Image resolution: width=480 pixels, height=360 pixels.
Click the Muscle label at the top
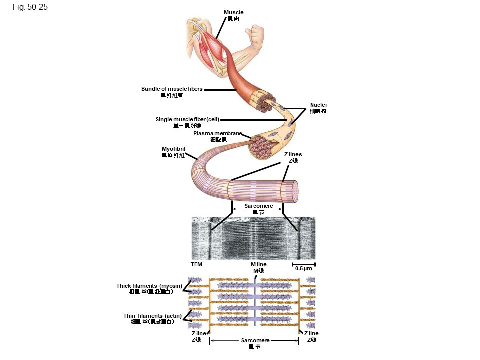click(x=233, y=12)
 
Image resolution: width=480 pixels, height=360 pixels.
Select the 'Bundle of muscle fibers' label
click(x=172, y=89)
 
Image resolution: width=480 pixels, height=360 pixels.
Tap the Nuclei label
click(x=318, y=105)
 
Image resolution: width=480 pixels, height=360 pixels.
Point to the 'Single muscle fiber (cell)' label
click(x=187, y=119)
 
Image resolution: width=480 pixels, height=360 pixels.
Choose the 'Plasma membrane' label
click(x=218, y=133)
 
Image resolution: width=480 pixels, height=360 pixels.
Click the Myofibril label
click(x=173, y=149)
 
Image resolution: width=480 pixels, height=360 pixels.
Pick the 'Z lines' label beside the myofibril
click(x=293, y=154)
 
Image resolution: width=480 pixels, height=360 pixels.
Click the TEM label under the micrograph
click(x=196, y=264)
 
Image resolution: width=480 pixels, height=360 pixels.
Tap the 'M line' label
click(x=258, y=264)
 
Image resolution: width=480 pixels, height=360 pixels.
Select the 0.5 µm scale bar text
click(x=303, y=268)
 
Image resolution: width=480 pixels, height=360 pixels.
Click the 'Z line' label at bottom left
click(x=198, y=333)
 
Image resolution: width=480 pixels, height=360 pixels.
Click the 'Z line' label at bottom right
click(x=311, y=333)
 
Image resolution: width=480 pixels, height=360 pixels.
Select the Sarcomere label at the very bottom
click(x=255, y=340)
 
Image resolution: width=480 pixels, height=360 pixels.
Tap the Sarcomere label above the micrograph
click(x=258, y=206)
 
